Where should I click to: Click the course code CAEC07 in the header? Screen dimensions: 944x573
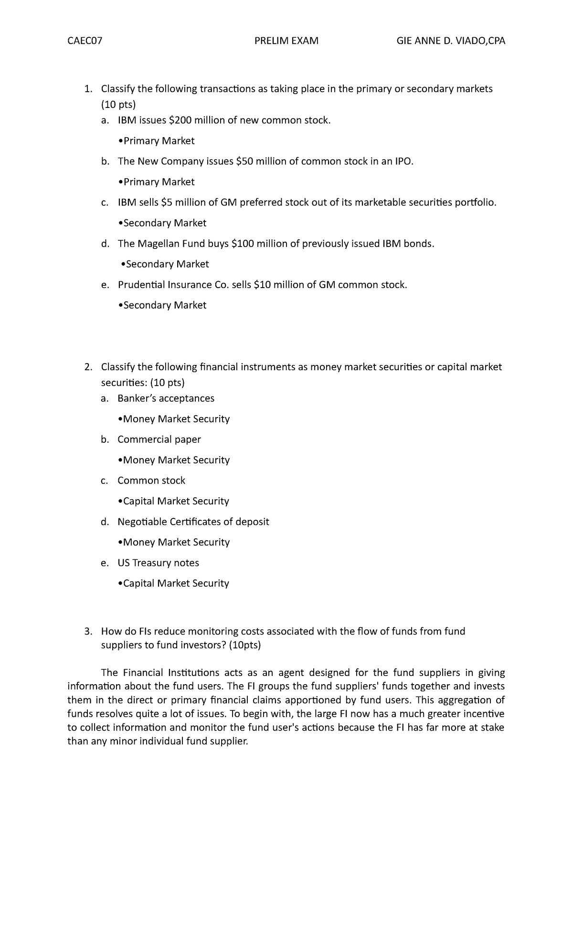(x=85, y=41)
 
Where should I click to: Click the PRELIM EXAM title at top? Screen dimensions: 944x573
(x=286, y=41)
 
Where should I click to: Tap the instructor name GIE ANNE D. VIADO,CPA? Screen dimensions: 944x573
(x=451, y=41)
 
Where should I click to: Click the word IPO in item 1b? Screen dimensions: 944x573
(x=403, y=161)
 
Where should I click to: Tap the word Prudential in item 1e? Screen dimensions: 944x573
(x=141, y=285)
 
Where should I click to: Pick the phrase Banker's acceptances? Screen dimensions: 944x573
(x=166, y=398)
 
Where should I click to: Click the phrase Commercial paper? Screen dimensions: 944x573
(x=159, y=440)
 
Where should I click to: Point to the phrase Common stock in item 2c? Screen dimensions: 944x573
(x=151, y=481)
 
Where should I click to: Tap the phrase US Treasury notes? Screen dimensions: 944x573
(x=158, y=563)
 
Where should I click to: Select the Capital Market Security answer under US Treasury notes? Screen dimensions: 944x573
(x=176, y=583)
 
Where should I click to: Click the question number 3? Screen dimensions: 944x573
(x=87, y=632)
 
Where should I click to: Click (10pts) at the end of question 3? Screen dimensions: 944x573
(x=245, y=645)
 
